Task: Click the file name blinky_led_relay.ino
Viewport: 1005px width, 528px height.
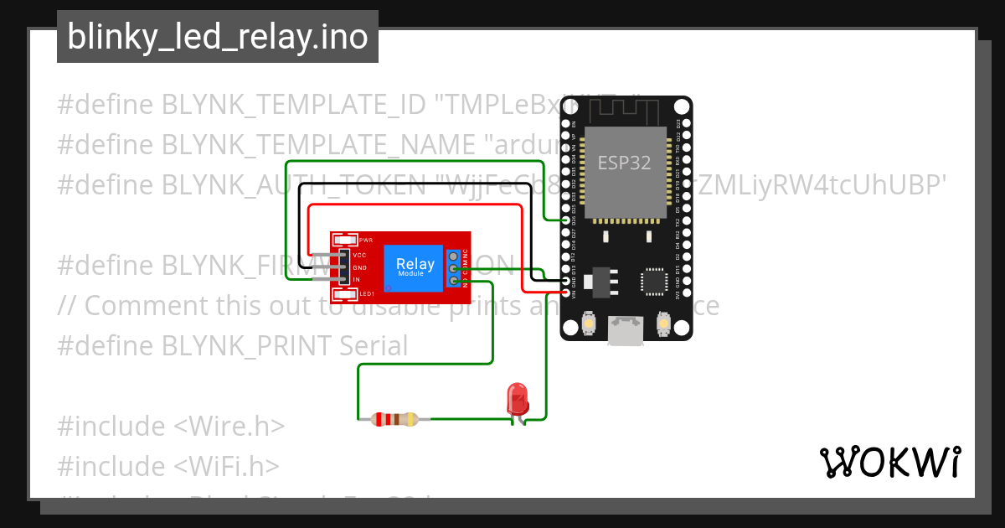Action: point(218,37)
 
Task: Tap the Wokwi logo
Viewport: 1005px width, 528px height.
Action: point(889,462)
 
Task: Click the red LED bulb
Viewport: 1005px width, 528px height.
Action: point(518,397)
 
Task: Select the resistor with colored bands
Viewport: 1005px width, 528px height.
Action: point(394,419)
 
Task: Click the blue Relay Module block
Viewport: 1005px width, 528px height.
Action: point(415,268)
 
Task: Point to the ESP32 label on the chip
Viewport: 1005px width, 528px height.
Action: point(624,163)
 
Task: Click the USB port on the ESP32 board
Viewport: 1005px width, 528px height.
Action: point(626,331)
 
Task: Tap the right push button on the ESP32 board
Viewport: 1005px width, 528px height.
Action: point(663,323)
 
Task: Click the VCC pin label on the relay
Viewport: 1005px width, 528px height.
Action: point(360,255)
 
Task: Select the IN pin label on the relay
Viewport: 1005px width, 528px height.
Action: point(357,280)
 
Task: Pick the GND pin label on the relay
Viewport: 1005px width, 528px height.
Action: point(360,267)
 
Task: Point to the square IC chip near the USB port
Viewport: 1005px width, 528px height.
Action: point(654,282)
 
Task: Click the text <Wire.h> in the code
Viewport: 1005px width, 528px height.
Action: point(229,426)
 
